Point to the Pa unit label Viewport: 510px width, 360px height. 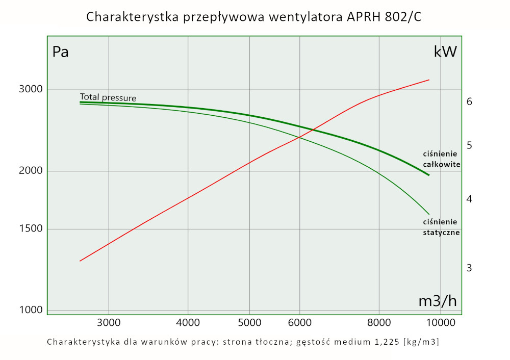(x=61, y=52)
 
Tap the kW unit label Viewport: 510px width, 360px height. (x=445, y=52)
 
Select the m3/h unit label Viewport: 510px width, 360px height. (x=438, y=301)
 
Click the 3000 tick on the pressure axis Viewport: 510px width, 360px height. (x=31, y=90)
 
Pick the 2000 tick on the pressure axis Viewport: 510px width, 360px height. (x=31, y=171)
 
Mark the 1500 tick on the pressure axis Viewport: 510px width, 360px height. (x=31, y=229)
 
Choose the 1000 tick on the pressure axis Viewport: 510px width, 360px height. (x=31, y=310)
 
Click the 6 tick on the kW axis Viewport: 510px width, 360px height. (x=470, y=101)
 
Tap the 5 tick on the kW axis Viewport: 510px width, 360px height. (x=470, y=146)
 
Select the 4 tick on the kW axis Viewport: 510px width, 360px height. (x=470, y=198)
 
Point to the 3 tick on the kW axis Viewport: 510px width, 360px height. (x=470, y=268)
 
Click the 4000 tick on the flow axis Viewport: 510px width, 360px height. (x=188, y=322)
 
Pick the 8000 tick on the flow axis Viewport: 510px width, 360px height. (x=379, y=322)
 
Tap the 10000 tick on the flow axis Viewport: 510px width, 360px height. (x=440, y=322)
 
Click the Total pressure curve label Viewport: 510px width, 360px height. (x=108, y=97)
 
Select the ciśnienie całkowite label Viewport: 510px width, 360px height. (x=442, y=159)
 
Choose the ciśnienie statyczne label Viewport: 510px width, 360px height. (x=442, y=227)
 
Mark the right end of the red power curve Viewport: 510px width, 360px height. (x=429, y=80)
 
